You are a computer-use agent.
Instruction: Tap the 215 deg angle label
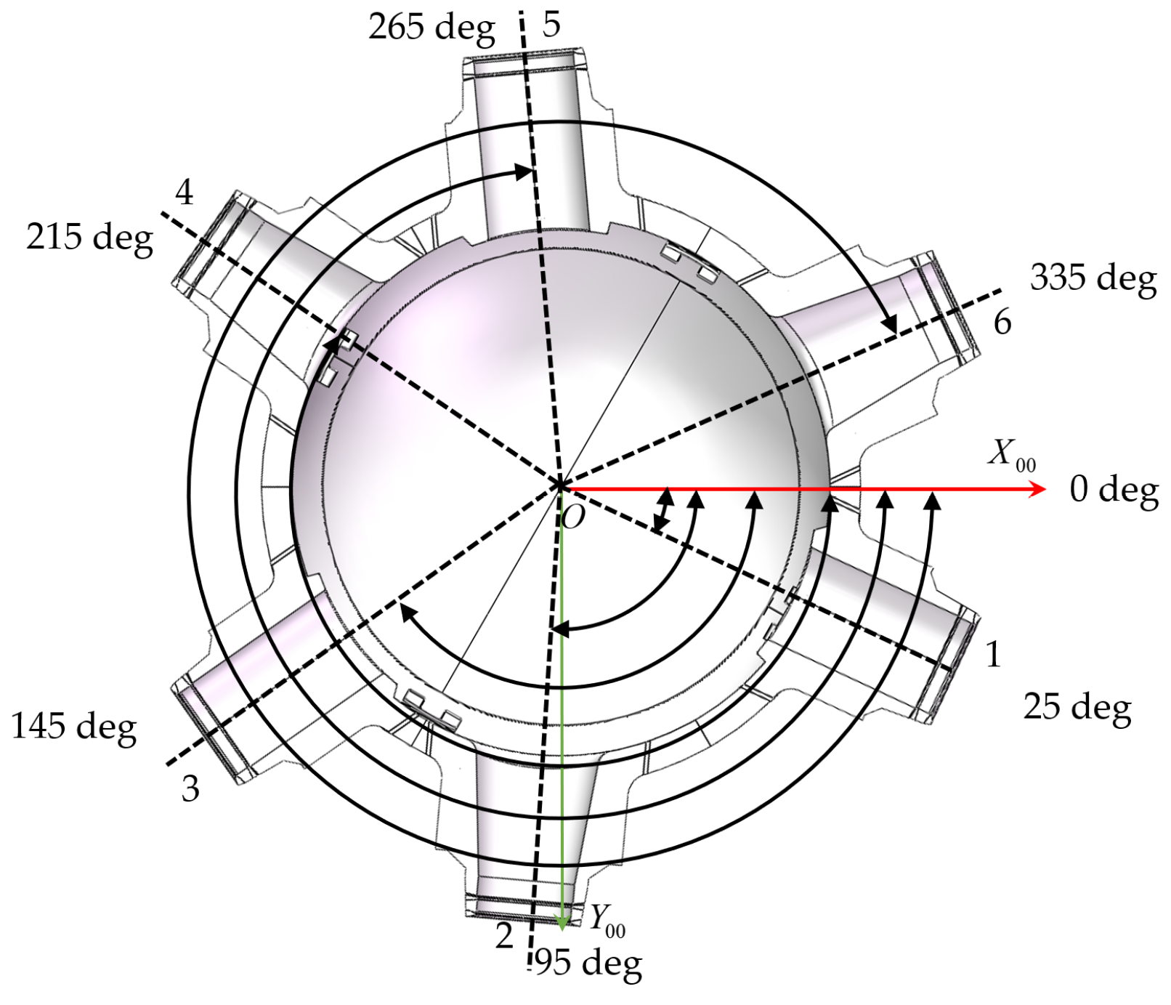(89, 238)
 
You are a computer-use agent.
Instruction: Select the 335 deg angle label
(1093, 278)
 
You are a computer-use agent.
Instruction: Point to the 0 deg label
(1113, 491)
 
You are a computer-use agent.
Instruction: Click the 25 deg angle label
(1077, 707)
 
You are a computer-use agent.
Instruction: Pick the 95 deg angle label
(588, 964)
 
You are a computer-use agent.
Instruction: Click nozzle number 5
(551, 25)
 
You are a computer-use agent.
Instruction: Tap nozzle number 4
(185, 193)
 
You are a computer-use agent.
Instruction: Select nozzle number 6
(1002, 322)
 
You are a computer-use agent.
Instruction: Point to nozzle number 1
(992, 655)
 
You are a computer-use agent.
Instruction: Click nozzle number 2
(504, 937)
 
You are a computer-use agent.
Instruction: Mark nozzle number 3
(190, 789)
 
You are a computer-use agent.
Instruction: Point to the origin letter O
(573, 517)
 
